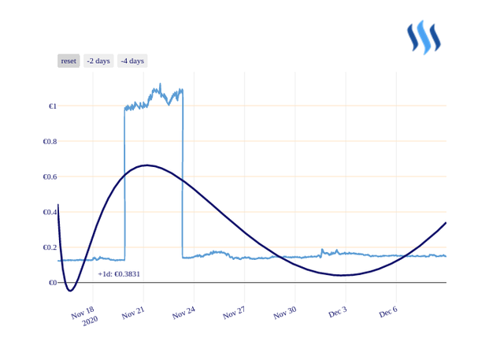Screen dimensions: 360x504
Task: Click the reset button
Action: click(x=69, y=61)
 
